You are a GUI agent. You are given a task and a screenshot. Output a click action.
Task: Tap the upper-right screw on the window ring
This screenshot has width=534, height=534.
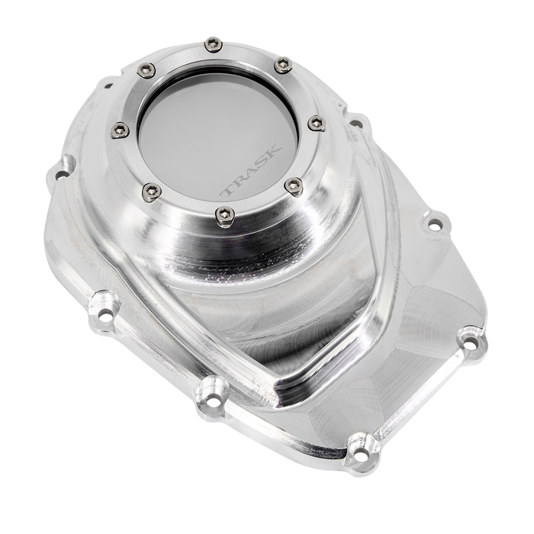click(x=281, y=61)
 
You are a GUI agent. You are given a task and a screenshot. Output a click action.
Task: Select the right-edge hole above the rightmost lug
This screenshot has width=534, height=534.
click(x=435, y=224)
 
